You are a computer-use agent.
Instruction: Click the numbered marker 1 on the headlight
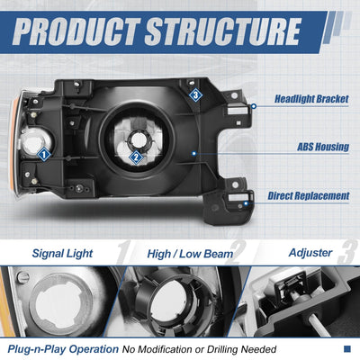click(44, 155)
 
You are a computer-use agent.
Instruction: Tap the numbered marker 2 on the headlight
click(136, 157)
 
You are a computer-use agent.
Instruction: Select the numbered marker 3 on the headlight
click(195, 95)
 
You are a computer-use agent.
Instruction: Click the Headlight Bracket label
click(311, 99)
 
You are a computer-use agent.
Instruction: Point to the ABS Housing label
click(323, 147)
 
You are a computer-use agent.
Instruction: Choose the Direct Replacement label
click(309, 196)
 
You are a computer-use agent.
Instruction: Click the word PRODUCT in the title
click(76, 31)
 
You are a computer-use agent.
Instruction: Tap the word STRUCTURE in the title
click(223, 31)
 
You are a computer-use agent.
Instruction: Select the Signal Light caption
click(62, 254)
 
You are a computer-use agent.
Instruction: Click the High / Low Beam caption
click(190, 254)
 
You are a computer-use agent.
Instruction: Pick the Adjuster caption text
click(310, 253)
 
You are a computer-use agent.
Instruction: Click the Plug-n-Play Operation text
click(63, 349)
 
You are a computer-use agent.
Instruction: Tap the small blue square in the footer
click(347, 348)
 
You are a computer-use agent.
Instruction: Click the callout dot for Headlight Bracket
click(254, 106)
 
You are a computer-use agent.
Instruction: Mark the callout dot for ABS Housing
click(194, 153)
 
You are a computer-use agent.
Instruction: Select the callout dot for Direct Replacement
click(246, 203)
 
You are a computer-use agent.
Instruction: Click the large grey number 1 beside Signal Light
click(123, 252)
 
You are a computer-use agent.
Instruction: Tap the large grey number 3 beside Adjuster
click(346, 252)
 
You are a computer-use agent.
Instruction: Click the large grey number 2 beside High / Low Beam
click(236, 252)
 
